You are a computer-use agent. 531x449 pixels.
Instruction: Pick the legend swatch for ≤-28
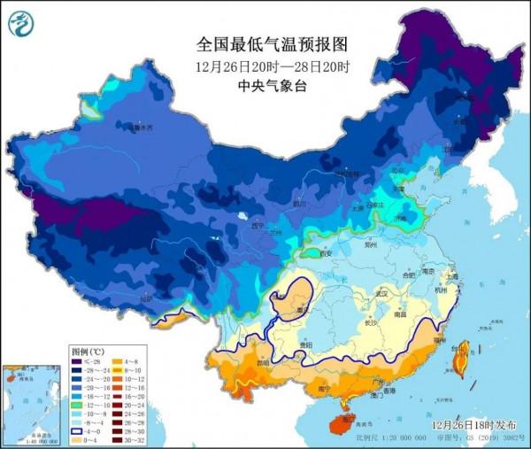pos(78,361)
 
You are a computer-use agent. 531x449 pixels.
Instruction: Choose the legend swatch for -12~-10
pos(78,404)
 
